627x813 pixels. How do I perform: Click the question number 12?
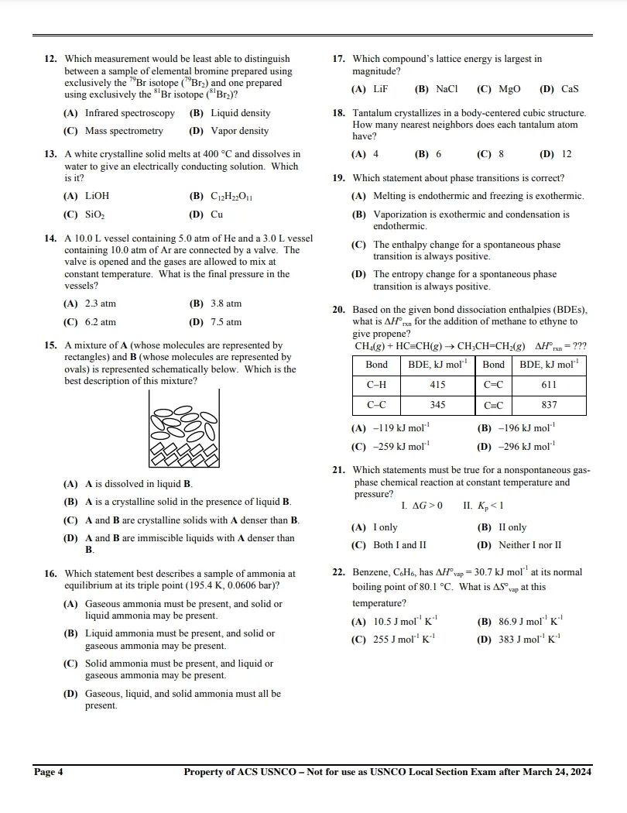[50, 59]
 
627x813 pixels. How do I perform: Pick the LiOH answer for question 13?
[97, 197]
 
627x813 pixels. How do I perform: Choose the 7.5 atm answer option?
[225, 322]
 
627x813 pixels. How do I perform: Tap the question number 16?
[50, 574]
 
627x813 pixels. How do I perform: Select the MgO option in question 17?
[509, 89]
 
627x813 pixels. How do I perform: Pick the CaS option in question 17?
[570, 89]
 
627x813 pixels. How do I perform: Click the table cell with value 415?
[437, 385]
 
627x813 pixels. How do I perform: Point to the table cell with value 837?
[549, 405]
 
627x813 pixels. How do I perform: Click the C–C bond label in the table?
[376, 405]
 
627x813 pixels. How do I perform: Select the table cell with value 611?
[549, 385]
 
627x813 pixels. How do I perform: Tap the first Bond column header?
[376, 365]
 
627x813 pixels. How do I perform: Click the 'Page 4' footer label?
[48, 772]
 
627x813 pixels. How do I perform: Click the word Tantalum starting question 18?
[374, 113]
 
